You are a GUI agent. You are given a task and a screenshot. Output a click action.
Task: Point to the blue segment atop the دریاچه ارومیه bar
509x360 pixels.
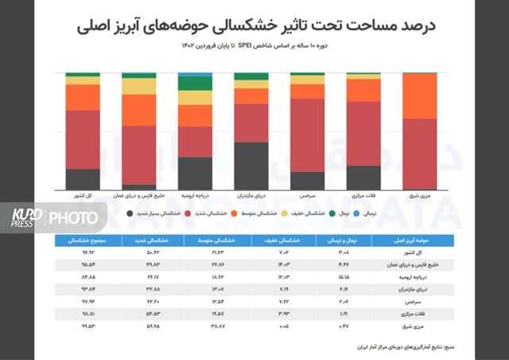[x=195, y=74]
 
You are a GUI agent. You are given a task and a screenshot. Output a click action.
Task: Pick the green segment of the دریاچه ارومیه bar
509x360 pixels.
[x=195, y=84]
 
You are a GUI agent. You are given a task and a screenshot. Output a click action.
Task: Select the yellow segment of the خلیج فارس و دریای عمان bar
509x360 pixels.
[x=138, y=86]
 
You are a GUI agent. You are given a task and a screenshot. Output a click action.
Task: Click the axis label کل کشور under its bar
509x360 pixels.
[x=83, y=194]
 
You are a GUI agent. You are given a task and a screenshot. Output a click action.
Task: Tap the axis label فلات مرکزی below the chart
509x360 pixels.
[x=363, y=194]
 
